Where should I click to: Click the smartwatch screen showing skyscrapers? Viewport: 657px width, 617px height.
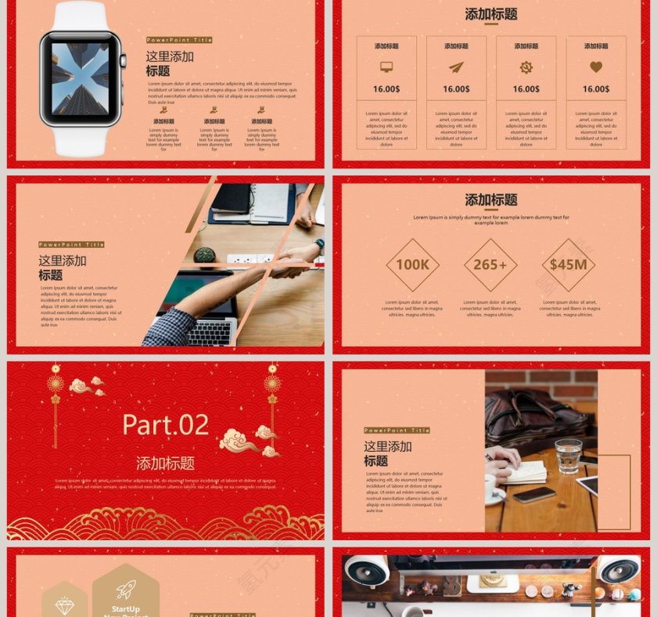click(80, 78)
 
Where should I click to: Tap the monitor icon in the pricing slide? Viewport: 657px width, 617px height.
click(386, 67)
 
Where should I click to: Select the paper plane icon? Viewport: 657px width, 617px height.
click(456, 67)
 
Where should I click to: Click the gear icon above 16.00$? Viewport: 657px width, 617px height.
click(526, 67)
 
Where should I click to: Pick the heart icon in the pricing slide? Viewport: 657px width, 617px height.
click(596, 67)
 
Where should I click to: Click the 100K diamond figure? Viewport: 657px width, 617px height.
click(412, 265)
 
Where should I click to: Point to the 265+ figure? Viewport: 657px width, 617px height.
click(490, 265)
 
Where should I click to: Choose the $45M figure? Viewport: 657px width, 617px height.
click(568, 265)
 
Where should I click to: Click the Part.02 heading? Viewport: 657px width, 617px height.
click(166, 424)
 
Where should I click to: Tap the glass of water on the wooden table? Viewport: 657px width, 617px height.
click(568, 456)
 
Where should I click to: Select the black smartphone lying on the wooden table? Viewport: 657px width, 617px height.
click(534, 495)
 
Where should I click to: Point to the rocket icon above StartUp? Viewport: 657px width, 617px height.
click(126, 590)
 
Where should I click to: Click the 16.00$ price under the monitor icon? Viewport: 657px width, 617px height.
click(386, 89)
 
